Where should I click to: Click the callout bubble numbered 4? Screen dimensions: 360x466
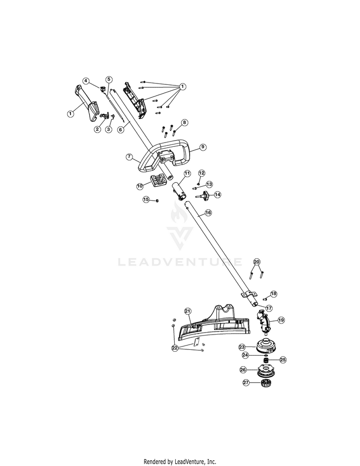tap(85, 81)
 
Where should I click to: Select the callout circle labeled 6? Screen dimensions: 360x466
tap(120, 130)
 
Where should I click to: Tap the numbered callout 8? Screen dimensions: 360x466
tap(185, 122)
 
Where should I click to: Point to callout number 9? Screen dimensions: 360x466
tap(203, 147)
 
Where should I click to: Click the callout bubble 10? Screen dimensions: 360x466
tap(140, 186)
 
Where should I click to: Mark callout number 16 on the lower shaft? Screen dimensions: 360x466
tap(208, 213)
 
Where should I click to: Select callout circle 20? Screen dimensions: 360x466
tap(257, 262)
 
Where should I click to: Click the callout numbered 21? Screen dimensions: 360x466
tap(188, 311)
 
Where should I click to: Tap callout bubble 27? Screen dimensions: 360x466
tap(246, 382)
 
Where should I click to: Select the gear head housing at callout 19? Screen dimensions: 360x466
tap(264, 322)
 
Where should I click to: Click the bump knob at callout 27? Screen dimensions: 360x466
tap(265, 383)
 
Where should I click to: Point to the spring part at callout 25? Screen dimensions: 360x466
tap(265, 360)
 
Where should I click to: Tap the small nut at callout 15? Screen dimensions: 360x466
tap(157, 200)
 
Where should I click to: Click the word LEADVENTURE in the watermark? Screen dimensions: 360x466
tap(180, 262)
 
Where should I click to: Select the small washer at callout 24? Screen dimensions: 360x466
tap(265, 355)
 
